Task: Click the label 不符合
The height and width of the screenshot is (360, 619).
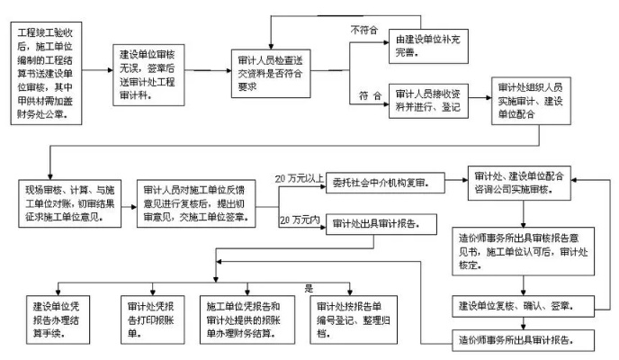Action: tap(364, 30)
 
